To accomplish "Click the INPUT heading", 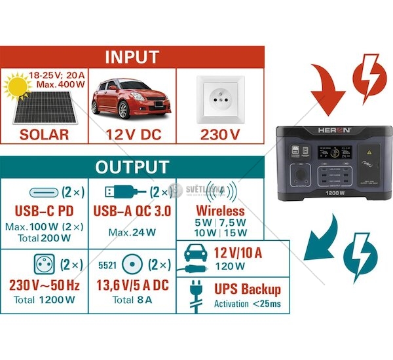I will click(x=132, y=56).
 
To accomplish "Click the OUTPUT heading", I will click(x=132, y=166).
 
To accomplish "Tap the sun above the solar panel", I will click(x=17, y=84).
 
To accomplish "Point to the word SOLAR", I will click(x=45, y=135).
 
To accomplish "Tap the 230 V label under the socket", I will click(x=220, y=135).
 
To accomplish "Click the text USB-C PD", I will click(x=43, y=211).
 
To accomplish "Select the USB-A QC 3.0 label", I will click(x=132, y=211).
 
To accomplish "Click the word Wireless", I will click(x=221, y=211).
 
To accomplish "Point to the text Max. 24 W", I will click(x=132, y=233).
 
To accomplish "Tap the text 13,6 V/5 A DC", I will click(x=132, y=285).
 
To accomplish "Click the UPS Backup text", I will click(x=248, y=289).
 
